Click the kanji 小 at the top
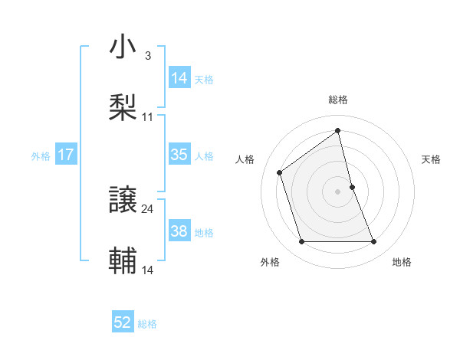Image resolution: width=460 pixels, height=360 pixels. (x=123, y=47)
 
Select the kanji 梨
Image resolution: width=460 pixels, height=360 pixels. (x=123, y=106)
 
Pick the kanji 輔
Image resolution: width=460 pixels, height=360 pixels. (x=123, y=260)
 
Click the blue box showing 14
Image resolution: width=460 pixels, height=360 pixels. (x=179, y=77)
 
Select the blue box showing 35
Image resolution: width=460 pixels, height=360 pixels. (x=179, y=155)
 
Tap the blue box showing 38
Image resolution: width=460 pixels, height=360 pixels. (x=179, y=231)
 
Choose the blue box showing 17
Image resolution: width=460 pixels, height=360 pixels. (x=66, y=155)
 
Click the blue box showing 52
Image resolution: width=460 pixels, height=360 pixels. (x=123, y=322)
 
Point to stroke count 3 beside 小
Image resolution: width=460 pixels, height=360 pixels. (x=147, y=56)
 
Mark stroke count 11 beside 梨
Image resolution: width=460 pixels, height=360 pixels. (x=148, y=116)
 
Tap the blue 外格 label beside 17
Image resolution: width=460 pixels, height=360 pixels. (x=41, y=155)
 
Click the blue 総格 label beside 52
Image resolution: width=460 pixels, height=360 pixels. (x=147, y=324)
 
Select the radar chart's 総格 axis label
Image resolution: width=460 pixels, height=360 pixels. (x=338, y=100)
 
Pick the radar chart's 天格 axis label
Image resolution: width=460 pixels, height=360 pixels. (x=431, y=159)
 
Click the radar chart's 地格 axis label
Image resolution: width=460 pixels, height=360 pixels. (x=402, y=262)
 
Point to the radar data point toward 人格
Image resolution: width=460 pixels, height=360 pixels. (x=280, y=172)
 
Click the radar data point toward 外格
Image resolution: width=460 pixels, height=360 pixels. (x=301, y=242)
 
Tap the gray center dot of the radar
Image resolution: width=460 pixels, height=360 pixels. (x=338, y=191)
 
